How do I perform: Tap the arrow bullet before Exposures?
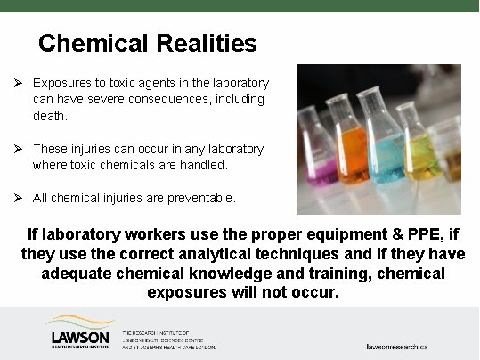coord(17,83)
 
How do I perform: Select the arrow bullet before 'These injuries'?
coord(17,148)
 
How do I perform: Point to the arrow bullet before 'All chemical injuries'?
coord(17,197)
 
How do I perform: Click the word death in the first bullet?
coord(50,116)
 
